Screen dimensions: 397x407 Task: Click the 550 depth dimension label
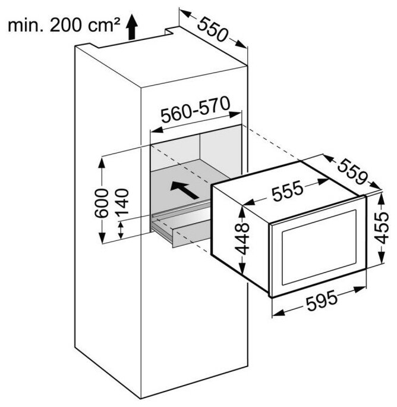tap(213, 29)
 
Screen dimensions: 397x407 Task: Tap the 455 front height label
tap(386, 230)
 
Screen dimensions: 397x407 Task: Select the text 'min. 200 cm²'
tap(64, 24)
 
